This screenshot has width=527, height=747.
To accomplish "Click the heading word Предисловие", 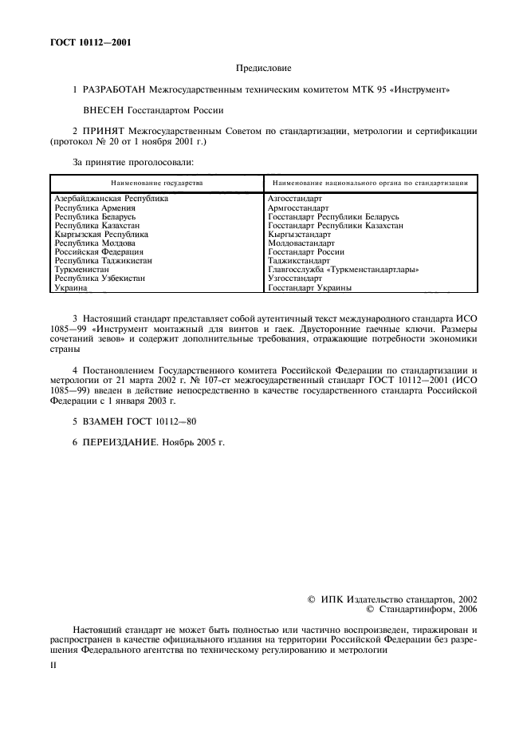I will [x=263, y=69].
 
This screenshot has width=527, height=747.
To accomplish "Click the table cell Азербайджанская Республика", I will [x=111, y=199].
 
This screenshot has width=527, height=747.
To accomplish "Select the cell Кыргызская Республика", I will [x=100, y=235].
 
